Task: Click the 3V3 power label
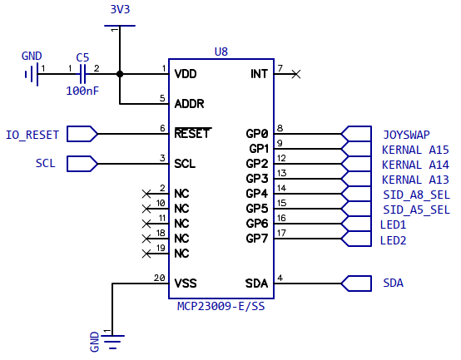point(120,9)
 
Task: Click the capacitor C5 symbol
point(82,74)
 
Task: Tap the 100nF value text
point(82,91)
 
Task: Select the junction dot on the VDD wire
point(120,74)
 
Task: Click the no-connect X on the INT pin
point(296,74)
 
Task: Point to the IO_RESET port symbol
point(82,134)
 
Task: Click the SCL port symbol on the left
point(82,164)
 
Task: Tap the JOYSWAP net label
point(406,135)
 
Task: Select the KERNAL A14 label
point(415,165)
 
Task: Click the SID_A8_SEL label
point(416,195)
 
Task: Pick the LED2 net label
point(393,240)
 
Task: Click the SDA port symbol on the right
point(356,284)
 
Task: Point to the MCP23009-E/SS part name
point(221,306)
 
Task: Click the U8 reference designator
point(221,52)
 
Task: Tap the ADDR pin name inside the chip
point(189,104)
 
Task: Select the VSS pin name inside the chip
point(186,284)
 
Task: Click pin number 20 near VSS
point(159,278)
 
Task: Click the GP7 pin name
point(257,239)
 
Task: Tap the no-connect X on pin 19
point(146,254)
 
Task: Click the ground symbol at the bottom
point(112,342)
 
